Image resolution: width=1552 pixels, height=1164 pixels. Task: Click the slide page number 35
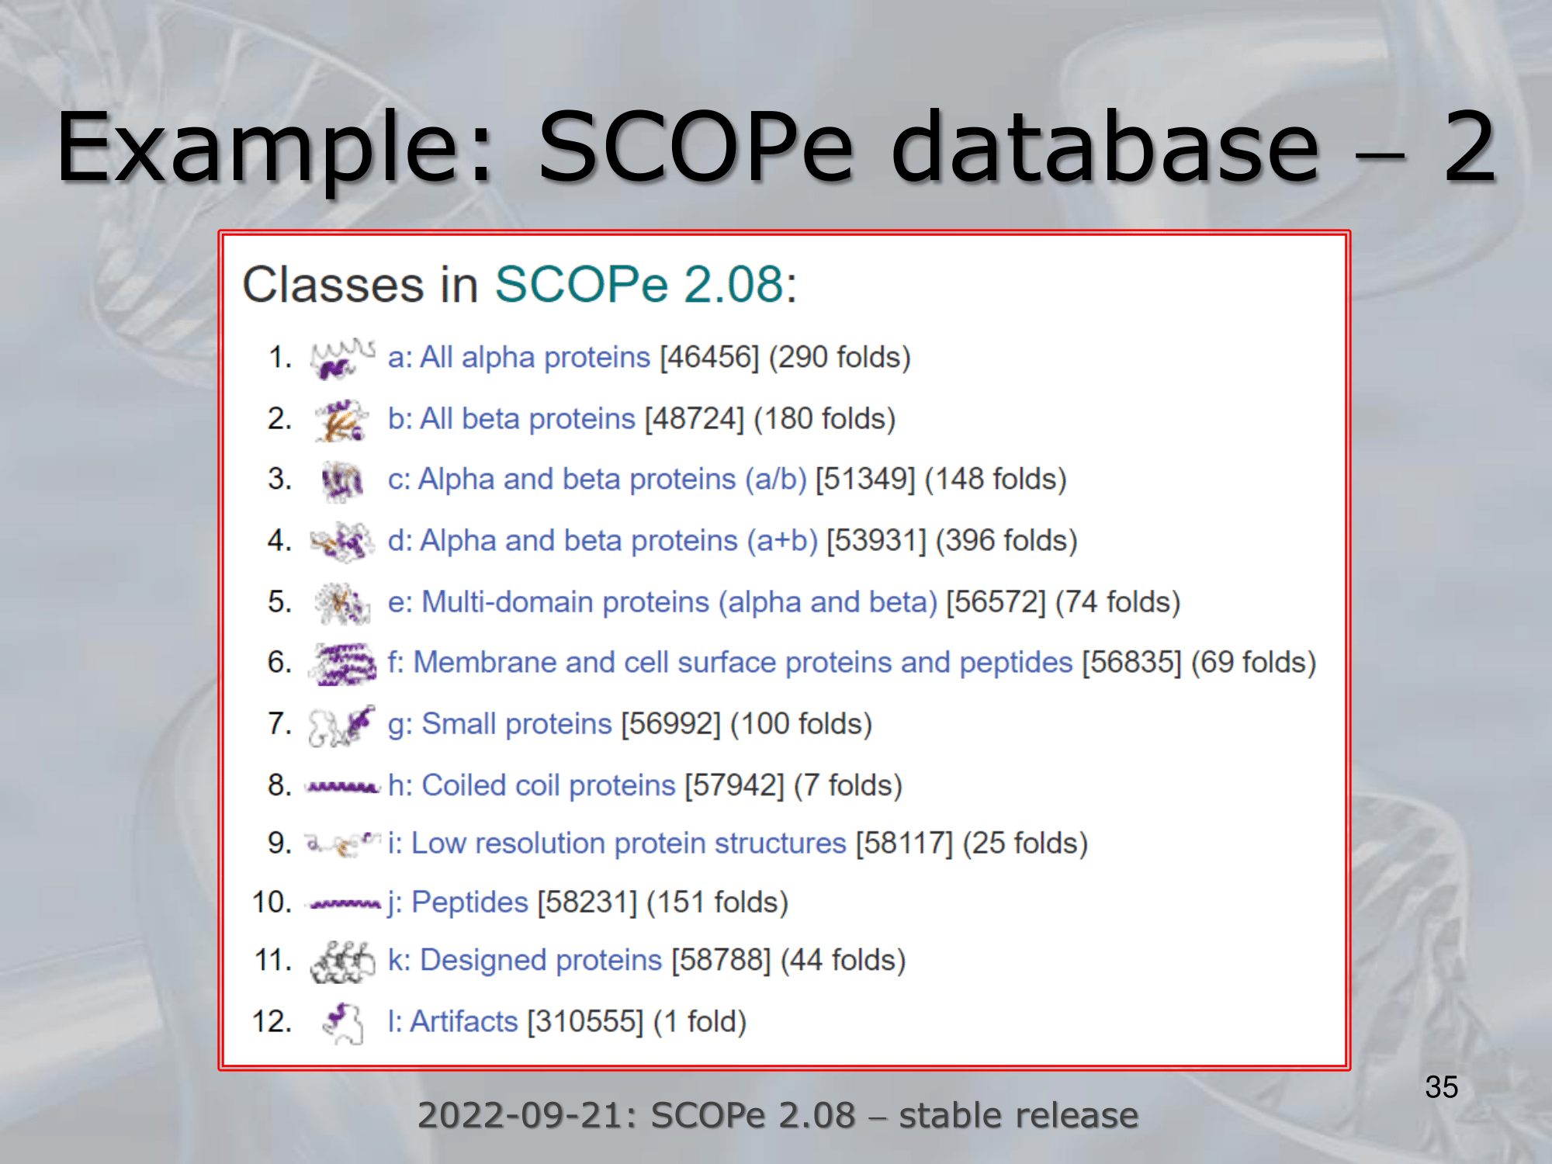coord(1441,1087)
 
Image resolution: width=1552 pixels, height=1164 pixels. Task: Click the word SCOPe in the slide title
coord(696,147)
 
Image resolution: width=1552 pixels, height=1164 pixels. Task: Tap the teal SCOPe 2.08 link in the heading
coord(639,284)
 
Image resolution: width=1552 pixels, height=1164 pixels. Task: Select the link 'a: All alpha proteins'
coord(518,357)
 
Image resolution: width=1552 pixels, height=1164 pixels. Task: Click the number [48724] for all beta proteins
coord(695,419)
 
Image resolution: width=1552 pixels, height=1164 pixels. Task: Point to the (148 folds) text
coord(996,480)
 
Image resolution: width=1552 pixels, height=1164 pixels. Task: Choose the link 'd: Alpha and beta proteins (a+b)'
coord(603,540)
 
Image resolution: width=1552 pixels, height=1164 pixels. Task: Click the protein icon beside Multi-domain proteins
coord(342,603)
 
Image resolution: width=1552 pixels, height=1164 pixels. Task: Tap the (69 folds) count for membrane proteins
coord(1254,663)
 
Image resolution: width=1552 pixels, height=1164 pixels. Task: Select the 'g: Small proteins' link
coord(500,724)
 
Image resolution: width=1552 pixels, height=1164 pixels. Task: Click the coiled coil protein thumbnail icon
coord(343,788)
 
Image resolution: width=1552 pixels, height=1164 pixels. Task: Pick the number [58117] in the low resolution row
coord(904,844)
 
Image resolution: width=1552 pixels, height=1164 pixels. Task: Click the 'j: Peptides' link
coord(458,902)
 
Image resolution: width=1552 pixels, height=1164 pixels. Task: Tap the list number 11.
coord(272,961)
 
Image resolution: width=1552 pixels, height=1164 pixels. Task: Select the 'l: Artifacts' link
coord(452,1022)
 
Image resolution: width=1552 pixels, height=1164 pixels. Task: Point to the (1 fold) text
coord(700,1022)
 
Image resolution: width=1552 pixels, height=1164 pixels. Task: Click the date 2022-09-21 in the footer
coord(526,1116)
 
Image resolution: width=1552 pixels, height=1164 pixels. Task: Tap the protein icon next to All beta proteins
coord(341,421)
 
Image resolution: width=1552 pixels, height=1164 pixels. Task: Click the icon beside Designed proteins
coord(342,962)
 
